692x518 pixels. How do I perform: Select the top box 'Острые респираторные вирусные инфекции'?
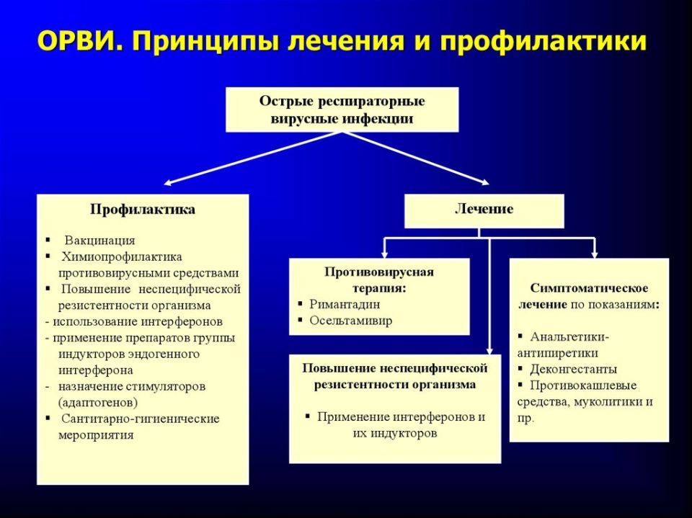342,110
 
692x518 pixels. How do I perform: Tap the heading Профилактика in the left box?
143,210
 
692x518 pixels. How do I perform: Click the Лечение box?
484,210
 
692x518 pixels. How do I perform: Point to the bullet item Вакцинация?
100,240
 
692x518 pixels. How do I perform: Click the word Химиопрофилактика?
122,256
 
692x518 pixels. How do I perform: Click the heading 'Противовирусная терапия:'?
379,279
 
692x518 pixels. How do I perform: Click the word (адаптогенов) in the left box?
98,403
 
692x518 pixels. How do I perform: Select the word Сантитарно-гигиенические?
141,419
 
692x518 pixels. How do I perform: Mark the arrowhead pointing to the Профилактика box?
167,184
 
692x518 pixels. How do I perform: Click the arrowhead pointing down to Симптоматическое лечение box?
595,253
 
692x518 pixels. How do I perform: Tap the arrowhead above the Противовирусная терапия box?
385,253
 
